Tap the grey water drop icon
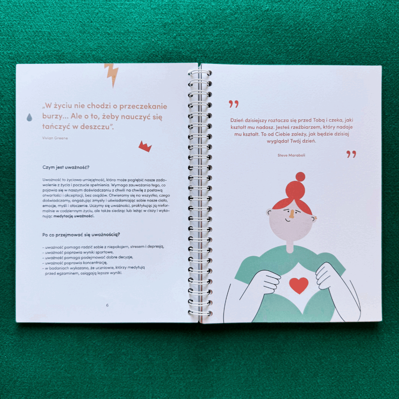click(x=30, y=117)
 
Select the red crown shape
click(x=145, y=147)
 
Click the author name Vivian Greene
click(x=55, y=138)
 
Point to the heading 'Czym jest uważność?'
click(x=66, y=168)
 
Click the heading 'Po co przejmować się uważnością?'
click(x=81, y=235)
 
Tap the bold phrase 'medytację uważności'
click(x=74, y=216)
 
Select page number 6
click(x=108, y=305)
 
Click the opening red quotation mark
click(x=234, y=104)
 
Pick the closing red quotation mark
click(x=351, y=154)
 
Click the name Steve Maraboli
click(x=291, y=155)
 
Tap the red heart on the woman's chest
click(x=299, y=285)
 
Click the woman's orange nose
click(x=291, y=215)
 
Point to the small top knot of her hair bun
click(x=300, y=177)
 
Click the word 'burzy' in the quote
click(x=52, y=117)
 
